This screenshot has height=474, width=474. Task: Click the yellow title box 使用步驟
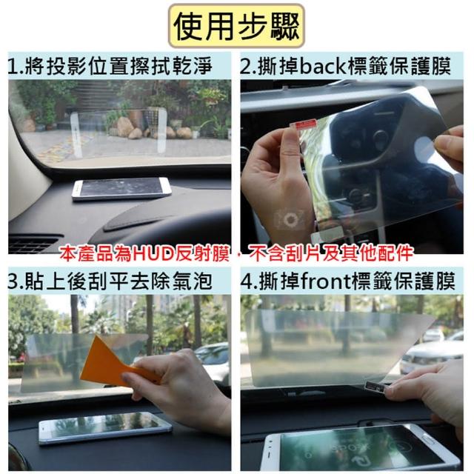coord(236,26)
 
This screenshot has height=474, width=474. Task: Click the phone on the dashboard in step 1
coord(121,188)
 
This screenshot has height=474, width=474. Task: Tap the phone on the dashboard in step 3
coord(105,428)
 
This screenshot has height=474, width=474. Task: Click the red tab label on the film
coord(304,124)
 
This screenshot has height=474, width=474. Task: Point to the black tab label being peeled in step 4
coord(375,386)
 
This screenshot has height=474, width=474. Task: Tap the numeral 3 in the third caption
coord(13,281)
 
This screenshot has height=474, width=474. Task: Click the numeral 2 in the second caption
coord(246,67)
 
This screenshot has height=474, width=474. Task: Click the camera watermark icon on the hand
coord(290,219)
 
